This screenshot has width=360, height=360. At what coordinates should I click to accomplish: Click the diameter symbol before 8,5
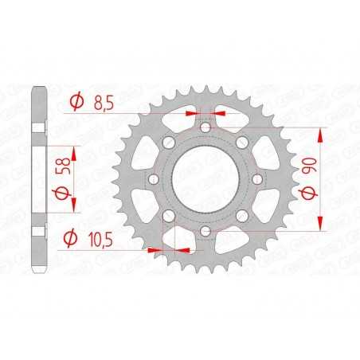point(77,102)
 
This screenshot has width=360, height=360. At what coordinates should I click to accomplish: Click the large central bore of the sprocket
point(205,178)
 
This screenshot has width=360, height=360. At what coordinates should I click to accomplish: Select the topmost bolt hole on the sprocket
point(205,127)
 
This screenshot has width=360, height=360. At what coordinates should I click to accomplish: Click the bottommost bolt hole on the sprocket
point(205,231)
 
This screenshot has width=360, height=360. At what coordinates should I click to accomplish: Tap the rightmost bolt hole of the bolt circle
point(249,153)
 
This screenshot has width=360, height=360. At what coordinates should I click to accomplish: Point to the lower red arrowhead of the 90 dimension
point(323,225)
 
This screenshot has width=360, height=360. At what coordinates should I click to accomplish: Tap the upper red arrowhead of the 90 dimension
point(323,132)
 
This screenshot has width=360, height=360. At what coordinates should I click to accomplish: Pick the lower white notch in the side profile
point(37,232)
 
